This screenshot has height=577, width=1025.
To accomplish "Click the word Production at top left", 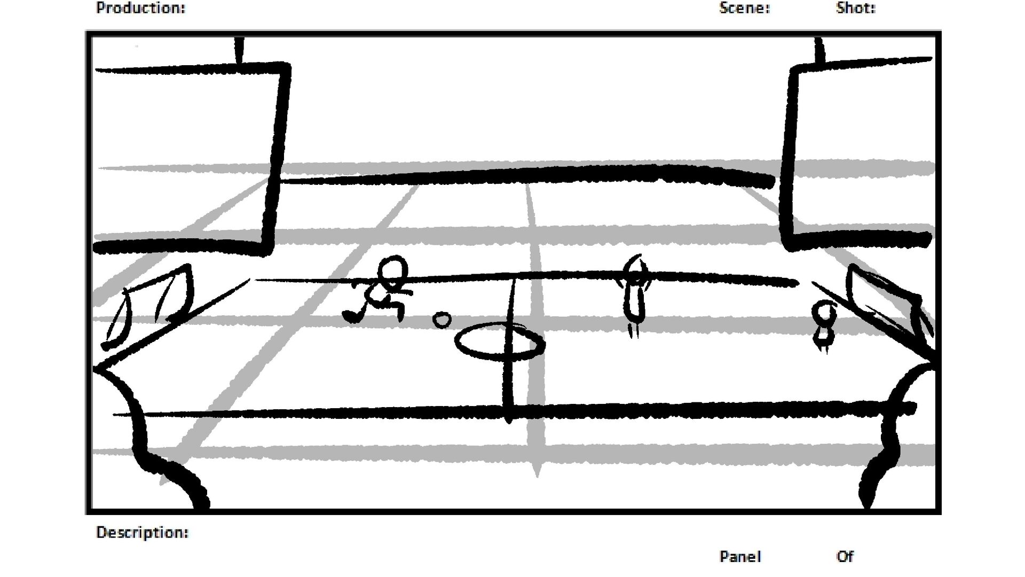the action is tap(140, 8).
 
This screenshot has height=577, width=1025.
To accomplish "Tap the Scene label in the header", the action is tap(744, 8).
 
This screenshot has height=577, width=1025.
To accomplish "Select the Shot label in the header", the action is tap(855, 8).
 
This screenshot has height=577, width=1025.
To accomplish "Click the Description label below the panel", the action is tap(142, 533).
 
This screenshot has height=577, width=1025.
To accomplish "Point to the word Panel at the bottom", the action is tap(740, 557).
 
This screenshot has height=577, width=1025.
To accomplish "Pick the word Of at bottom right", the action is tap(845, 557).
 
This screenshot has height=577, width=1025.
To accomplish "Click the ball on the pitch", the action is tap(441, 320).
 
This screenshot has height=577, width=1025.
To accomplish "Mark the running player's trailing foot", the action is tap(352, 316).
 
